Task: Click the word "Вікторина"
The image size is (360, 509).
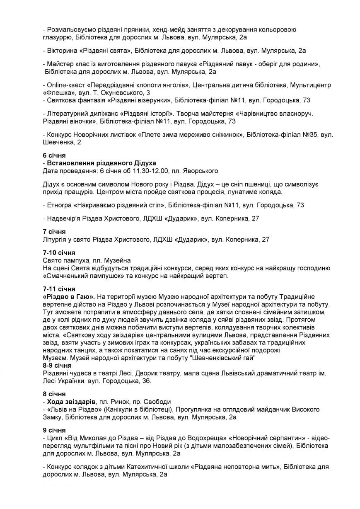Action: (62, 51)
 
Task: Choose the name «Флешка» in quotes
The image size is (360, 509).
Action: (57, 92)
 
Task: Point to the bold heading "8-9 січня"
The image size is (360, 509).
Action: (57, 366)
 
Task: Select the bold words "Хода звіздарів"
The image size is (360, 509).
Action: (71, 402)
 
